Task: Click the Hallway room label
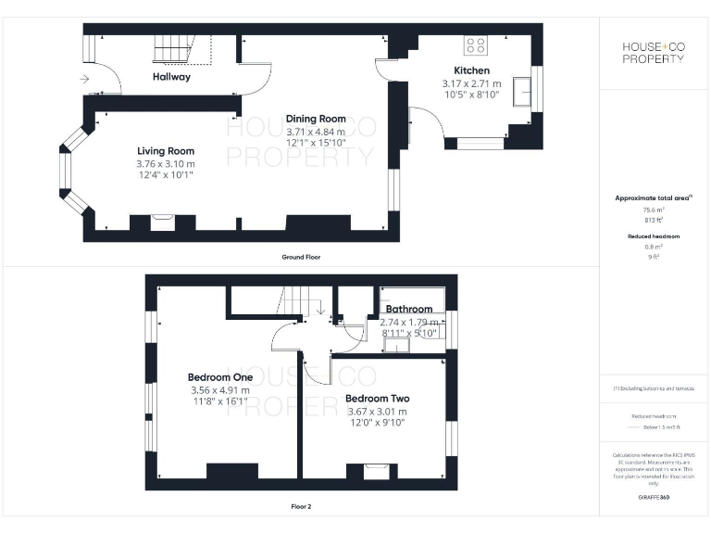click(171, 77)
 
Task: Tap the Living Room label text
click(166, 151)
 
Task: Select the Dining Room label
click(316, 119)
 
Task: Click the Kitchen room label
click(471, 70)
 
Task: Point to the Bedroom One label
click(220, 377)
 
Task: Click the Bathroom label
click(409, 309)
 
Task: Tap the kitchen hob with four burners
click(476, 44)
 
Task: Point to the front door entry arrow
click(85, 80)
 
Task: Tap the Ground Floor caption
click(302, 257)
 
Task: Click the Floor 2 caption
click(301, 507)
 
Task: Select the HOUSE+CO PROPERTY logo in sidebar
click(653, 53)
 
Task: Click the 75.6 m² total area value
click(654, 210)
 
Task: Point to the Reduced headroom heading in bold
click(654, 236)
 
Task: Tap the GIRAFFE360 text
click(653, 498)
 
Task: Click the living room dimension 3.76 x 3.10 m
click(166, 164)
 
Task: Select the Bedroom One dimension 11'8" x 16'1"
click(220, 402)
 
